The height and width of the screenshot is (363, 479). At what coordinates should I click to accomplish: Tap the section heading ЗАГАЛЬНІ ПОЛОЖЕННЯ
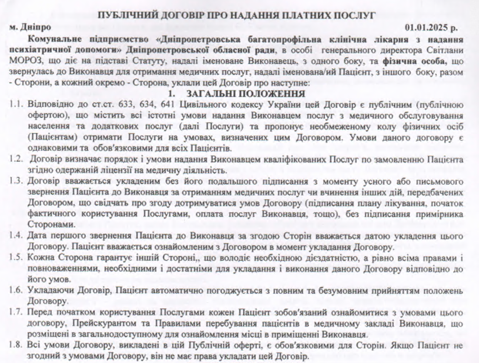coord(246,94)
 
